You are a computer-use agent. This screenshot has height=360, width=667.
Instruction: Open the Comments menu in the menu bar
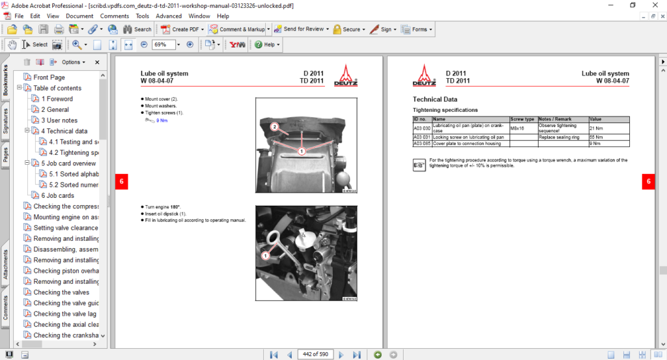click(x=114, y=16)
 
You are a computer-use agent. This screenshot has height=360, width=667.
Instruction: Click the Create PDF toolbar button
click(x=184, y=29)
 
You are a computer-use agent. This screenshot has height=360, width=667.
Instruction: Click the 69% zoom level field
click(x=164, y=45)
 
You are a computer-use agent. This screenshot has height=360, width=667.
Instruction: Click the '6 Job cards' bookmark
click(x=57, y=195)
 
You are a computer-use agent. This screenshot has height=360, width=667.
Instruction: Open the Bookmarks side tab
click(x=6, y=81)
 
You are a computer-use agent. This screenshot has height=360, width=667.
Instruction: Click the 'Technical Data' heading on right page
click(x=434, y=100)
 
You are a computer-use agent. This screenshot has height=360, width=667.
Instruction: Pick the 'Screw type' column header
click(x=523, y=120)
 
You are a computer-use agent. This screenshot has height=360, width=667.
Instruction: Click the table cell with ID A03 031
click(x=422, y=137)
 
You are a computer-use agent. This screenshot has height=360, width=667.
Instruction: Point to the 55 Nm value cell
click(x=595, y=137)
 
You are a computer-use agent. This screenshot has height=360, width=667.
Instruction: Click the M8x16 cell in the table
click(x=518, y=128)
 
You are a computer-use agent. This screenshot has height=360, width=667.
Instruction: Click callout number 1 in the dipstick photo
click(x=265, y=256)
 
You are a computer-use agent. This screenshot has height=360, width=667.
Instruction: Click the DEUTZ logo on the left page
click(x=346, y=76)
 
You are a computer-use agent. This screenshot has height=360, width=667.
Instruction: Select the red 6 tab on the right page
click(x=647, y=182)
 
